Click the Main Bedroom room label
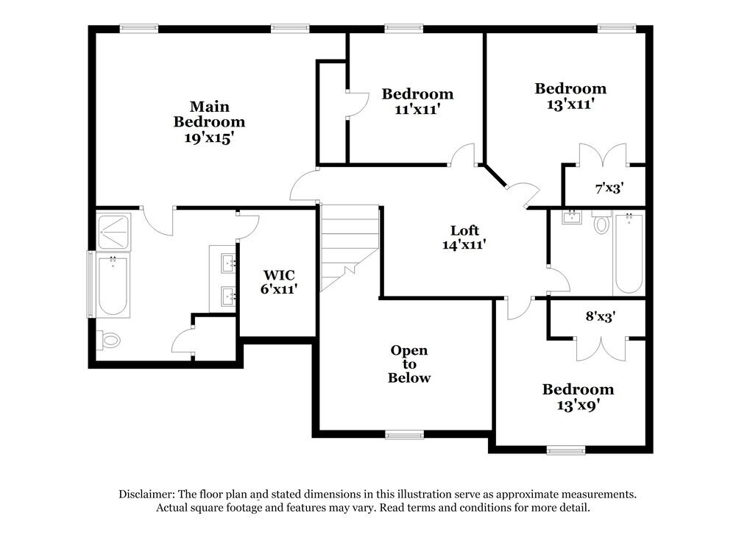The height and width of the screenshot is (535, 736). (x=208, y=114)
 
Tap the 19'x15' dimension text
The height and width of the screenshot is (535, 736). (x=208, y=137)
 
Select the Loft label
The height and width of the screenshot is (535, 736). (x=465, y=230)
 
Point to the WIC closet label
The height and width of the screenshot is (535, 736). (x=280, y=275)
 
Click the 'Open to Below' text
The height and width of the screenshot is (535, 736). (x=409, y=364)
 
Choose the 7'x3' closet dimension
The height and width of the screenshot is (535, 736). (x=609, y=188)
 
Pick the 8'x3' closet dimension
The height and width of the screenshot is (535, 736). (x=600, y=316)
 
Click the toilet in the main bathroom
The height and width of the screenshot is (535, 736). (x=110, y=340)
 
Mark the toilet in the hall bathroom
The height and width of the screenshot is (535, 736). (x=601, y=223)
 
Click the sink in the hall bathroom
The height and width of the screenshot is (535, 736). (x=570, y=217)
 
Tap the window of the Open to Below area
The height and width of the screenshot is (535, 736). (x=404, y=435)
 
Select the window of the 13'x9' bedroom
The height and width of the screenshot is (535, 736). (x=566, y=450)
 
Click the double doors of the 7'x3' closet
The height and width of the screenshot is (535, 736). (x=601, y=157)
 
